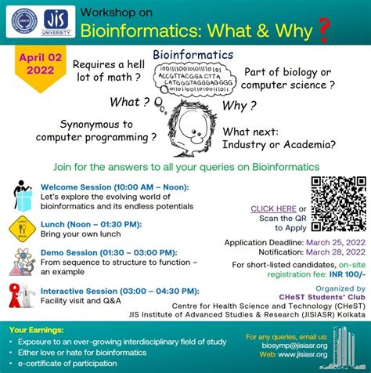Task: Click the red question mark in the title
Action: click(x=324, y=32)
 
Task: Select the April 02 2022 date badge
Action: click(x=37, y=65)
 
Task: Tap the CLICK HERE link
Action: click(x=273, y=208)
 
